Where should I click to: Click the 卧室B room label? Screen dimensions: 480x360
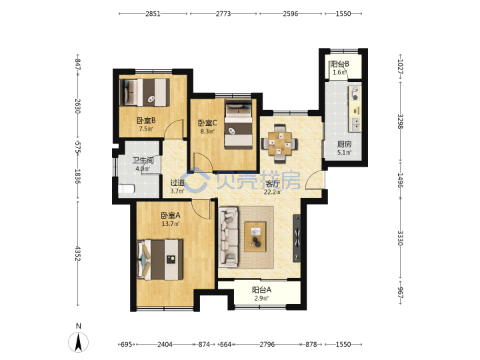[x=146, y=121]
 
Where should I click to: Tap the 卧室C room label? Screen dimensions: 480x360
[x=207, y=123]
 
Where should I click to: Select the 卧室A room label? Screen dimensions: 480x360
[x=171, y=215]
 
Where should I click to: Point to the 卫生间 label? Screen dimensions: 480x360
[x=143, y=161]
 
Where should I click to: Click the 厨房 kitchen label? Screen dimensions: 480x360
[x=344, y=144]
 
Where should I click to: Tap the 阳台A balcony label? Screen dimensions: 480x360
[x=261, y=289]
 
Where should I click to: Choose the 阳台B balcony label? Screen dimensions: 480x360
[x=339, y=64]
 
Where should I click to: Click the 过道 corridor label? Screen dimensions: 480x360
[x=177, y=183]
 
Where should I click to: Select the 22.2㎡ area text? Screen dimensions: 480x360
[x=273, y=192]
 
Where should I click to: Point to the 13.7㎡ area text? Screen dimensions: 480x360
[x=171, y=224]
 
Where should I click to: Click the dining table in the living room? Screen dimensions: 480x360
[x=279, y=143]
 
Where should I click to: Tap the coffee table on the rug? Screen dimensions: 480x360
[x=255, y=237]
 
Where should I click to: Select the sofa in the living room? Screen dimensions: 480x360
[x=229, y=236]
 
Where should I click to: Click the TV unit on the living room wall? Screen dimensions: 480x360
[x=297, y=238]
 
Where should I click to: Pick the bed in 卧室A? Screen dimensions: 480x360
[x=160, y=259]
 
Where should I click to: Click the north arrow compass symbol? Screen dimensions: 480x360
[x=79, y=341]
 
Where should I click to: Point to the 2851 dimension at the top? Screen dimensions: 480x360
[x=153, y=14]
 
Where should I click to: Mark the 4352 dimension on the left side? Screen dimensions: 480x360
[x=77, y=253]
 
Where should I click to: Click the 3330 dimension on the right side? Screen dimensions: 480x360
[x=401, y=238]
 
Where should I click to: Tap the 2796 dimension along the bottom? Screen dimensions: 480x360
[x=267, y=345]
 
